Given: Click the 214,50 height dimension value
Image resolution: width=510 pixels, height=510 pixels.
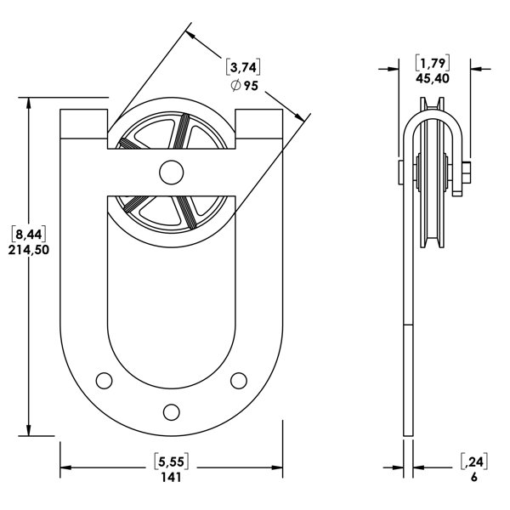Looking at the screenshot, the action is tap(29, 250).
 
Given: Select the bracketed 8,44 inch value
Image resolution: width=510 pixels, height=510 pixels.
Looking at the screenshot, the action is tap(29, 234).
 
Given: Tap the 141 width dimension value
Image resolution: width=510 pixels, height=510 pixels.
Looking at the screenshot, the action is tap(171, 477).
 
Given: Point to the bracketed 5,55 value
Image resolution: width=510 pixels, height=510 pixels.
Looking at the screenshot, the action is tap(171, 462).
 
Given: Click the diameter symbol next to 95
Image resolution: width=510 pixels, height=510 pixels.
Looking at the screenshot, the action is tap(235, 86).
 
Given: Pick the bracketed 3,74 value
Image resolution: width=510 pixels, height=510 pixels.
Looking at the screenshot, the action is tap(243, 68).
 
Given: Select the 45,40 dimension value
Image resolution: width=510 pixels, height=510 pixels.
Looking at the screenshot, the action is tap(433, 78).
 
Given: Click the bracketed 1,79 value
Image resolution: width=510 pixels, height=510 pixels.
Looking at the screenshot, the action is tap(433, 63).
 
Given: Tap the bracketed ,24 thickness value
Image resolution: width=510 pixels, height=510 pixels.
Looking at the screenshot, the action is tap(474, 462).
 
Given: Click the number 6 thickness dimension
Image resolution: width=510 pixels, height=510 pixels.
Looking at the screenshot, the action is tap(474, 477).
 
